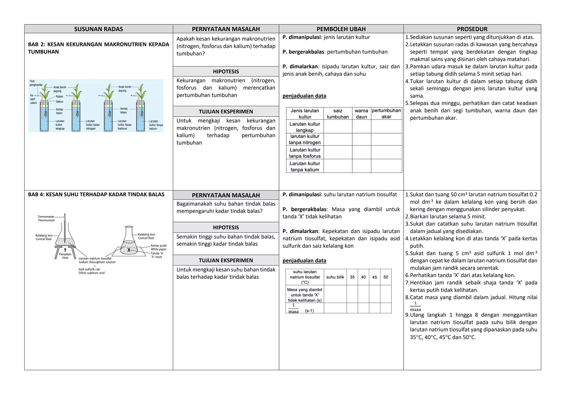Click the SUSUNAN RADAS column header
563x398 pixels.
pos(98,29)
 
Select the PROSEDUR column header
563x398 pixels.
pos(472,29)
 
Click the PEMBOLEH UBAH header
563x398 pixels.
pos(341,29)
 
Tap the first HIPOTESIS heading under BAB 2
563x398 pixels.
pos(226,71)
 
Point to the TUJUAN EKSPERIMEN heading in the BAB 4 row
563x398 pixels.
pos(226,260)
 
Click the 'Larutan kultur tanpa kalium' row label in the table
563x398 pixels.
pos(305,167)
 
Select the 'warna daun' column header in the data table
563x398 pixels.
pos(361,114)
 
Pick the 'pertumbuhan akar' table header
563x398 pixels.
pos(386,114)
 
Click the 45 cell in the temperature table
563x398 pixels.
pos(374,277)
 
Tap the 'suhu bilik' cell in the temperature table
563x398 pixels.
pos(335,277)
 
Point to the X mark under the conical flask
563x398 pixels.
pos(129,250)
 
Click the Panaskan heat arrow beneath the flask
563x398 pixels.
pos(65,250)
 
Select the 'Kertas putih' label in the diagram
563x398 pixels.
pos(159,246)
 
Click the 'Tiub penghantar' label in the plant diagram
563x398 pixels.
pos(36,83)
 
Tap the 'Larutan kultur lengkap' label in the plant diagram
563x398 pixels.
pos(60,125)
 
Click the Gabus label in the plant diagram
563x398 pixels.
pos(59,102)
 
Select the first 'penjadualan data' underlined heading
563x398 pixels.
pos(304,96)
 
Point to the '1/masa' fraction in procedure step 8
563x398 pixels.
pos(415,306)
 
